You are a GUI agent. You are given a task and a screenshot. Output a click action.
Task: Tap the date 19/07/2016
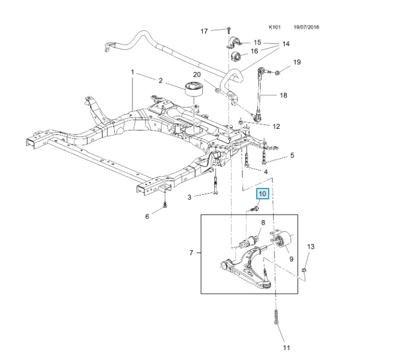307,26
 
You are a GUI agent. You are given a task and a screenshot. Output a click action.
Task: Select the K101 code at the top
275,26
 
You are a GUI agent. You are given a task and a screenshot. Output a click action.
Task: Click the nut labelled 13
306,270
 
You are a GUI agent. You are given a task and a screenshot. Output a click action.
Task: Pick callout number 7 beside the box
191,252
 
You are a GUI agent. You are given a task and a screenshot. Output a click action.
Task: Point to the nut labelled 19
279,73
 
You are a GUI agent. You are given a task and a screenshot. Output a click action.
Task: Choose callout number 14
285,44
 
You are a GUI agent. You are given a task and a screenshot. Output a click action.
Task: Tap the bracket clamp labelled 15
233,43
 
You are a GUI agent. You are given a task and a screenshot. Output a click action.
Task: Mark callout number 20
197,74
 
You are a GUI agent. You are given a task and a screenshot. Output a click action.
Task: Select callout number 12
276,127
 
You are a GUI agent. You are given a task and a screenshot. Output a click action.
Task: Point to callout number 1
132,73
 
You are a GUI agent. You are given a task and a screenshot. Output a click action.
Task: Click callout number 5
292,155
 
